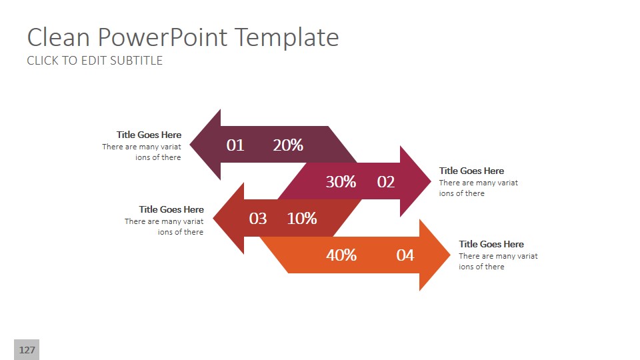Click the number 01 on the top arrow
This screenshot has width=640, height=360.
pos(235,145)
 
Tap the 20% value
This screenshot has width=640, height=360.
pos(288,145)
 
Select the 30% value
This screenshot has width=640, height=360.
pos(341,181)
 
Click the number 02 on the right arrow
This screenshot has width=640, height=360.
pos(386,181)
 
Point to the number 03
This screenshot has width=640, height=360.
pos(258,219)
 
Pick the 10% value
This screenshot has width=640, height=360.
pos(302,219)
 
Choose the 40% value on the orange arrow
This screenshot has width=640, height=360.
pos(341,255)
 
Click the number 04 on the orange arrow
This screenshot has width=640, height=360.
pos(405,255)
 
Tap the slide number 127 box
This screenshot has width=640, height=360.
pos(27,350)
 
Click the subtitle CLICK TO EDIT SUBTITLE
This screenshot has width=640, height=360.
pos(95,61)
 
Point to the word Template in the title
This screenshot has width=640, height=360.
pos(285,37)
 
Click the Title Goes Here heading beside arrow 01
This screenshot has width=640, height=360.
pos(149,135)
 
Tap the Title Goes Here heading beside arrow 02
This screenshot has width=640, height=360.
pos(471,171)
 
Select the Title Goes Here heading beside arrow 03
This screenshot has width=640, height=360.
pos(171,209)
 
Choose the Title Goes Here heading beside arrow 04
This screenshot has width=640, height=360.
pos(491,244)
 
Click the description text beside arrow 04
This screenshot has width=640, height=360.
pos(498,261)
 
